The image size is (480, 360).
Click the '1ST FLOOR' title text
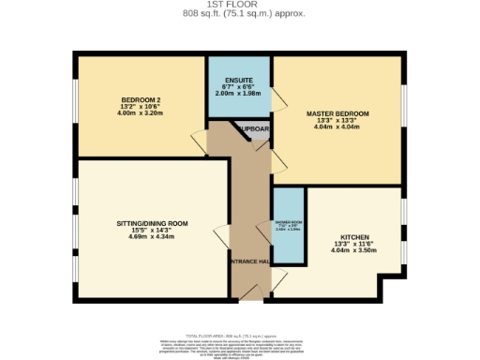click(x=240, y=5)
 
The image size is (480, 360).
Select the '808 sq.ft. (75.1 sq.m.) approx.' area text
click(x=240, y=14)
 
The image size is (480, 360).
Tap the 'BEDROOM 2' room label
click(x=142, y=99)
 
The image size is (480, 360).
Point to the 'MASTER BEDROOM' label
click(x=337, y=113)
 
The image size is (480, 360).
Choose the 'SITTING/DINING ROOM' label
click(x=152, y=224)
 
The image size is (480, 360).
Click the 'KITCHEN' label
click(x=354, y=238)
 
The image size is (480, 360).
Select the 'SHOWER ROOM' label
click(x=288, y=223)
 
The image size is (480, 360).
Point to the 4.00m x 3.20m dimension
click(x=142, y=112)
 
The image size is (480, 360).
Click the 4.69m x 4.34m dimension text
click(x=152, y=237)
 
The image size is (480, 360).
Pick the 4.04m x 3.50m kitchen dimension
click(x=354, y=251)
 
